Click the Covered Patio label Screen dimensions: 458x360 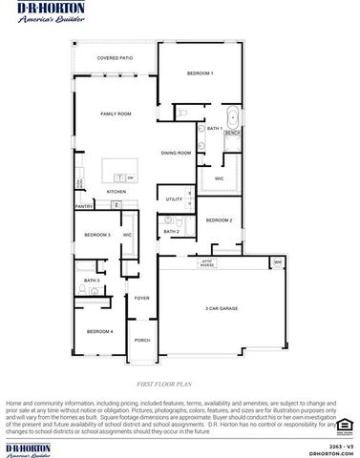[115, 58]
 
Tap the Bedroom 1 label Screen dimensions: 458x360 [200, 73]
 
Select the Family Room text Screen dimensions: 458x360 [116, 114]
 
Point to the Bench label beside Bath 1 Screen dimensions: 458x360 [232, 134]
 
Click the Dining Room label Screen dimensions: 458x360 [177, 153]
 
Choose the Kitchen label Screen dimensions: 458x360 [116, 192]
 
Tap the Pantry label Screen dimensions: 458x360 [84, 206]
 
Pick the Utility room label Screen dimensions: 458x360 [174, 199]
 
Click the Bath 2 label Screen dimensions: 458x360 [171, 232]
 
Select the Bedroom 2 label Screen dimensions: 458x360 [220, 220]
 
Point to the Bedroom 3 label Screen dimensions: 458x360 [97, 235]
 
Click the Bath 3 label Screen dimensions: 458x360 [92, 281]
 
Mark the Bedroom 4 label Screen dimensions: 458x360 [100, 331]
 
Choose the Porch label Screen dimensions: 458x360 [142, 341]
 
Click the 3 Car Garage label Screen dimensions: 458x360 [222, 309]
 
